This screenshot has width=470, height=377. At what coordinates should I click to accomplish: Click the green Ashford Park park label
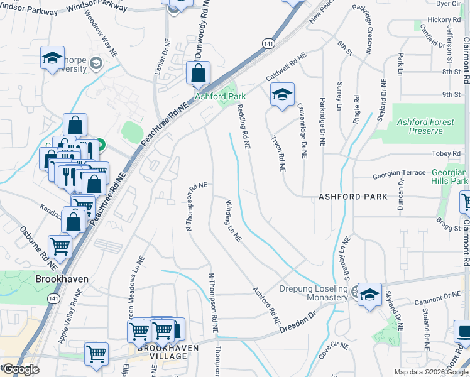pyautogui.click(x=220, y=96)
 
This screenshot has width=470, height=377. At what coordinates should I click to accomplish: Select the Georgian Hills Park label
pyautogui.click(x=449, y=177)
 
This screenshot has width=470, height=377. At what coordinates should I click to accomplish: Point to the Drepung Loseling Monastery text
pyautogui.click(x=314, y=293)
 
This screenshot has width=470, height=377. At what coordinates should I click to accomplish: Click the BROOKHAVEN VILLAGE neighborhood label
pyautogui.click(x=155, y=352)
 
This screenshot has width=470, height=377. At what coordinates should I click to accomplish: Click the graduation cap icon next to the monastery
pyautogui.click(x=369, y=293)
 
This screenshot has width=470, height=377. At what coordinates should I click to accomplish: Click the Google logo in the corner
pyautogui.click(x=21, y=369)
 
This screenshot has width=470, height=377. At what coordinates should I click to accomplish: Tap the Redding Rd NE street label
pyautogui.click(x=244, y=126)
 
